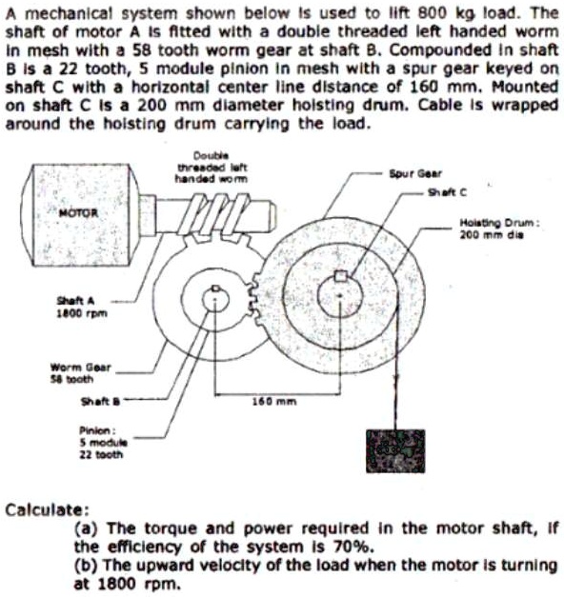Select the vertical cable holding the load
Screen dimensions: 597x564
click(x=395, y=371)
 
